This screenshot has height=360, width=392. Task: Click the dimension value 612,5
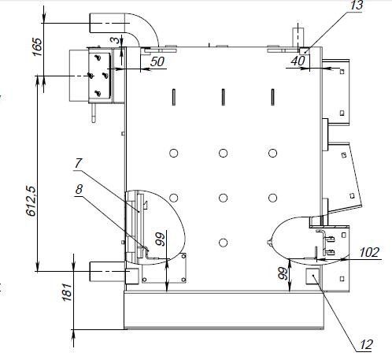(x=31, y=201)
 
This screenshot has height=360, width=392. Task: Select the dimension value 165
(x=37, y=47)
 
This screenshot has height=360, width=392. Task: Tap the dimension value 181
(x=67, y=291)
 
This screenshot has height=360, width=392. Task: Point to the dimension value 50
(x=157, y=61)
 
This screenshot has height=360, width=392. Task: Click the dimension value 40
(x=298, y=61)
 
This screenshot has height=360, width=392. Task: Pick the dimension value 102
(x=369, y=253)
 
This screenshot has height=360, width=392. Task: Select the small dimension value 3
(x=115, y=40)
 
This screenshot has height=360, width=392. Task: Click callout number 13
(x=356, y=5)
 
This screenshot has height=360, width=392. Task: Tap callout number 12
(x=366, y=345)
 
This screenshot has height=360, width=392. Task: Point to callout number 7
(x=78, y=163)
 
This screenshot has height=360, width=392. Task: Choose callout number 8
(x=79, y=189)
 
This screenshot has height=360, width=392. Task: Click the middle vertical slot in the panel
(x=223, y=97)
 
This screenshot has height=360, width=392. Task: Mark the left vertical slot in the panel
(x=174, y=97)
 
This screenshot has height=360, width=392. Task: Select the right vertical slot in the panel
(x=273, y=97)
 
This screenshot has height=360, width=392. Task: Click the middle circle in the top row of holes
(x=223, y=153)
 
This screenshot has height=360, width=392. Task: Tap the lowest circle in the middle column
(x=223, y=243)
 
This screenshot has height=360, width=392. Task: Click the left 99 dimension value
(x=161, y=239)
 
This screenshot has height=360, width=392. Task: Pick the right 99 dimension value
(x=283, y=273)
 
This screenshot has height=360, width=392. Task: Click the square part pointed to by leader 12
(x=313, y=276)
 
